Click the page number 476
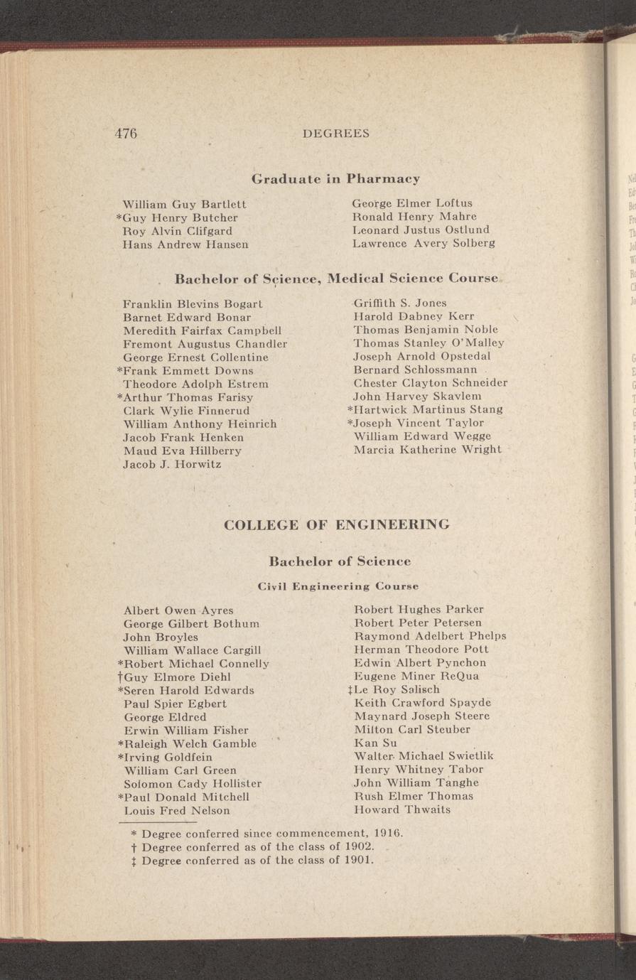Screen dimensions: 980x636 pyautogui.click(x=125, y=133)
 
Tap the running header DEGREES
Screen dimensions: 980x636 pyautogui.click(x=336, y=134)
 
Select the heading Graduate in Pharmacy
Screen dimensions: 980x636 pyautogui.click(x=336, y=178)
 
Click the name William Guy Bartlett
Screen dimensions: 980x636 pyautogui.click(x=185, y=204)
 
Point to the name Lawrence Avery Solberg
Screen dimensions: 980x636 pyautogui.click(x=424, y=243)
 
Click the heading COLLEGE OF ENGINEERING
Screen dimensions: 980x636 pyautogui.click(x=336, y=525)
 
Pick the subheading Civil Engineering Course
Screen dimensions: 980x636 pyautogui.click(x=338, y=586)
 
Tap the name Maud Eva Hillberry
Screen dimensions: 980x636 pyautogui.click(x=183, y=451)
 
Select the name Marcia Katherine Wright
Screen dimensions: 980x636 pyautogui.click(x=427, y=449)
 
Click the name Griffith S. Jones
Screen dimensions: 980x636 pyautogui.click(x=400, y=303)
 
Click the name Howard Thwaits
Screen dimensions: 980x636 pyautogui.click(x=401, y=809)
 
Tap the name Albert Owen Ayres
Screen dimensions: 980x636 pyautogui.click(x=178, y=610)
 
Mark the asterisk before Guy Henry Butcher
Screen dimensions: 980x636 pyautogui.click(x=119, y=217)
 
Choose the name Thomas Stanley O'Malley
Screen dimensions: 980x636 pyautogui.click(x=429, y=343)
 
